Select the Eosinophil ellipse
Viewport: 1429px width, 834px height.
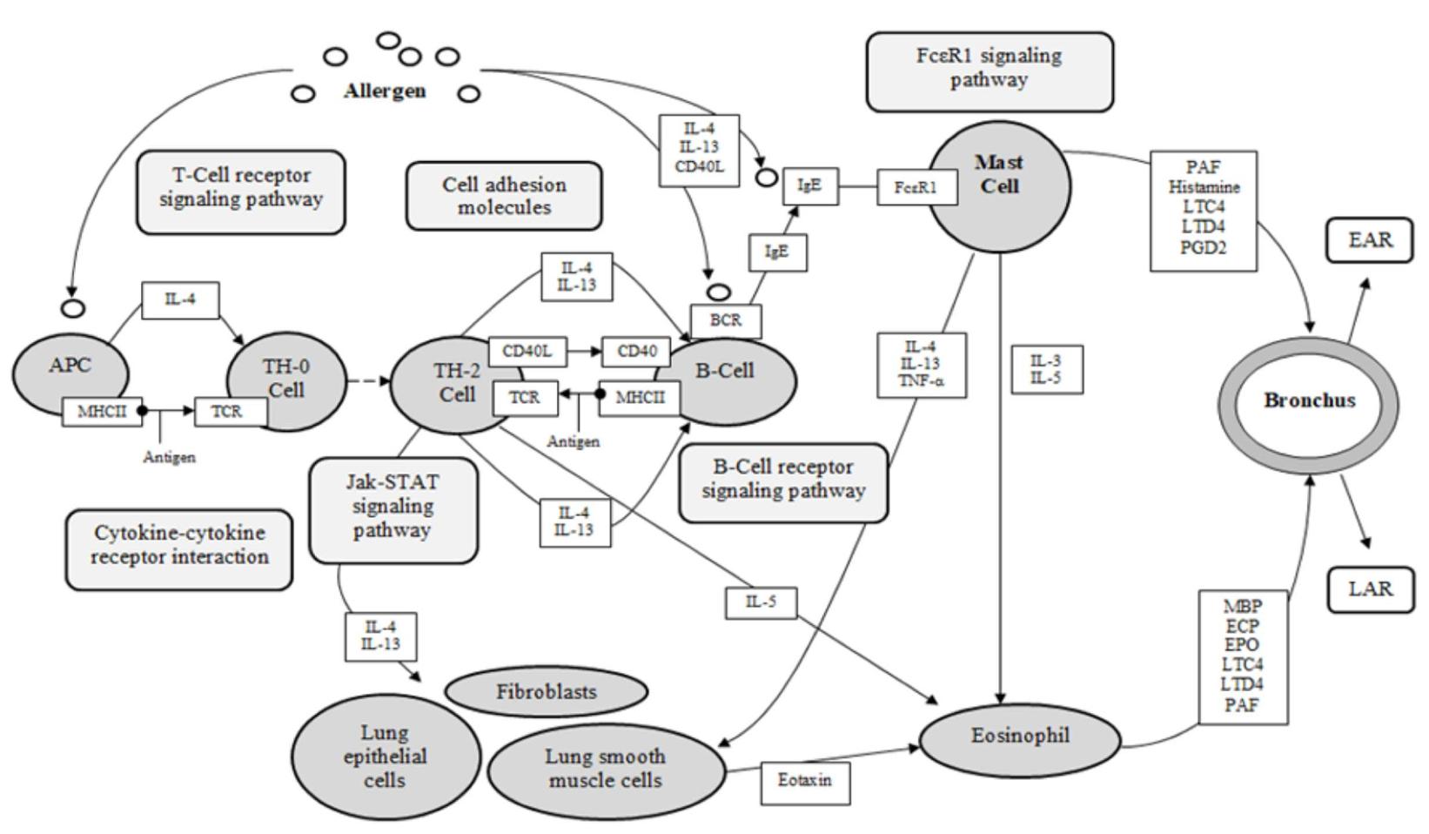(x=1019, y=737)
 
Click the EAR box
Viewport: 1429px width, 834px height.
(x=1370, y=241)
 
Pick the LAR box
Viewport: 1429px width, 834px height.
(x=1370, y=589)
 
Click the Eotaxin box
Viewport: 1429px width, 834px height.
(x=804, y=781)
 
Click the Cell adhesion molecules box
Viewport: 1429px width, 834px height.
(x=504, y=196)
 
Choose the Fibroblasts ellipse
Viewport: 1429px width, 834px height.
(x=546, y=692)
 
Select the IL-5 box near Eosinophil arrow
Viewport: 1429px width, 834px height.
(x=761, y=602)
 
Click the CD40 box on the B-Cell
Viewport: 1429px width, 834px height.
(x=636, y=352)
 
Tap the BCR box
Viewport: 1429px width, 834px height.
(x=725, y=320)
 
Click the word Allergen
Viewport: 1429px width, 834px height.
(x=385, y=91)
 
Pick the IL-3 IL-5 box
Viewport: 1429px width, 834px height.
(x=1045, y=369)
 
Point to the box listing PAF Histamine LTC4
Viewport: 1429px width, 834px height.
(x=1203, y=211)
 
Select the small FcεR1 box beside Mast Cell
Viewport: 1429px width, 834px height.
(x=916, y=188)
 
